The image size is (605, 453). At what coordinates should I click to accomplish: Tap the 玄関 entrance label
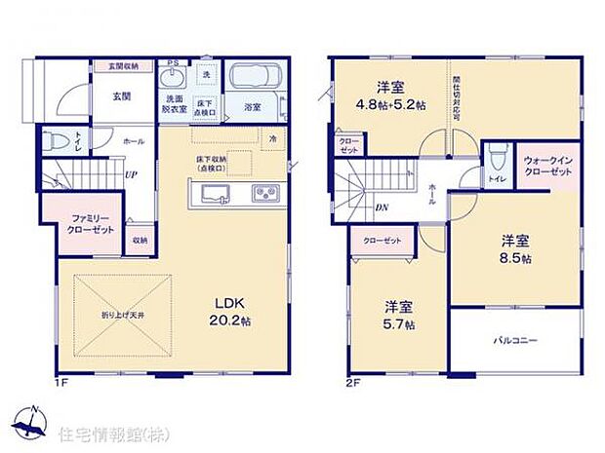(121, 96)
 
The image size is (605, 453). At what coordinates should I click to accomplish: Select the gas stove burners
(264, 191)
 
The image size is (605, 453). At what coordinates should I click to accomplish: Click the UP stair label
(130, 176)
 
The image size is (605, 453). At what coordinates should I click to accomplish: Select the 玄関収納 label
(123, 65)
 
